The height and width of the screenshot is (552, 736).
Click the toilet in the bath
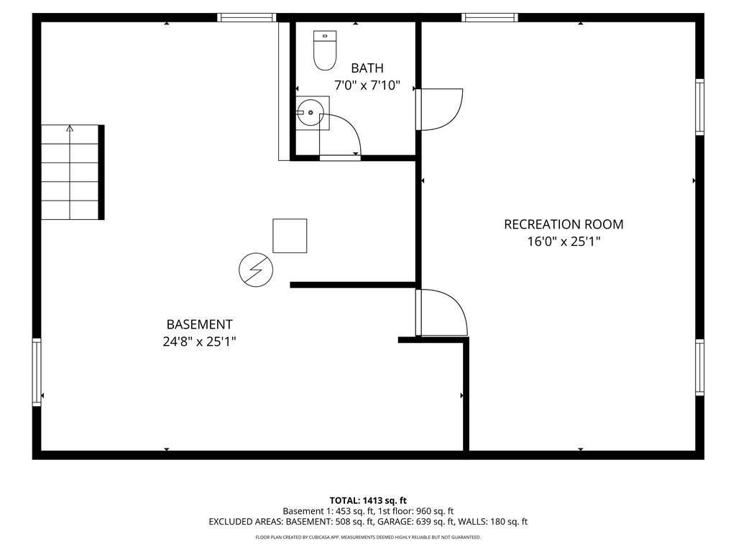(325, 50)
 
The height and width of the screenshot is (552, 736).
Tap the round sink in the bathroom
(310, 113)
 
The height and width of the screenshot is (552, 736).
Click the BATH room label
(367, 68)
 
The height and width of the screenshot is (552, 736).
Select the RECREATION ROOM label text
(563, 224)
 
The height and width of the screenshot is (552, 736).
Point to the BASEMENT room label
(200, 324)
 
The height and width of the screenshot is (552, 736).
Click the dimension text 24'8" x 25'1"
(200, 341)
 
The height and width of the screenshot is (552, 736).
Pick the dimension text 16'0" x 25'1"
(563, 241)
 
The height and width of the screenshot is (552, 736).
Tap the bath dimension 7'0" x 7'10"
(367, 86)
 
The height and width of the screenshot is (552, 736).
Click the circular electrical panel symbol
(256, 270)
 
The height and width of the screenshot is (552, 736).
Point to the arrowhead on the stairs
(70, 128)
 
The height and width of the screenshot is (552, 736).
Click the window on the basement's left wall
(37, 372)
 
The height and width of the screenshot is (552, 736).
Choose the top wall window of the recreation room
(489, 18)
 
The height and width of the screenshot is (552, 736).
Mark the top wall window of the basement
(247, 18)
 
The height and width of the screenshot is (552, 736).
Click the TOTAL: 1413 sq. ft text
(368, 500)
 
